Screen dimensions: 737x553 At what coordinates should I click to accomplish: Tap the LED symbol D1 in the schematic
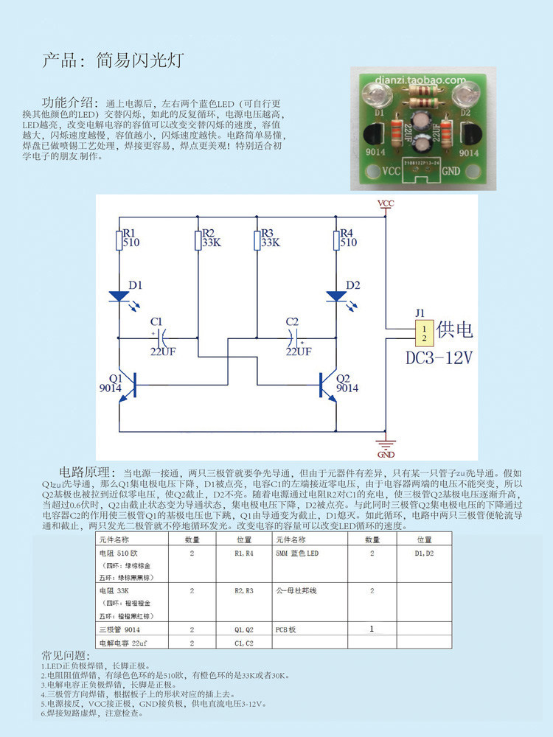[119, 296]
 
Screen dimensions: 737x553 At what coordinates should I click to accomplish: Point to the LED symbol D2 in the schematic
[336, 296]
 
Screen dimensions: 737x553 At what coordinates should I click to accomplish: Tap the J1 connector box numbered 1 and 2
[423, 332]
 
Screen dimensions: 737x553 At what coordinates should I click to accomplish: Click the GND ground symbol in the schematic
[385, 444]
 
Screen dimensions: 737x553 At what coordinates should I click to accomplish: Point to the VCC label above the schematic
[385, 203]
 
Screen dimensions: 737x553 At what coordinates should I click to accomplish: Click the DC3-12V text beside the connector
[439, 358]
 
